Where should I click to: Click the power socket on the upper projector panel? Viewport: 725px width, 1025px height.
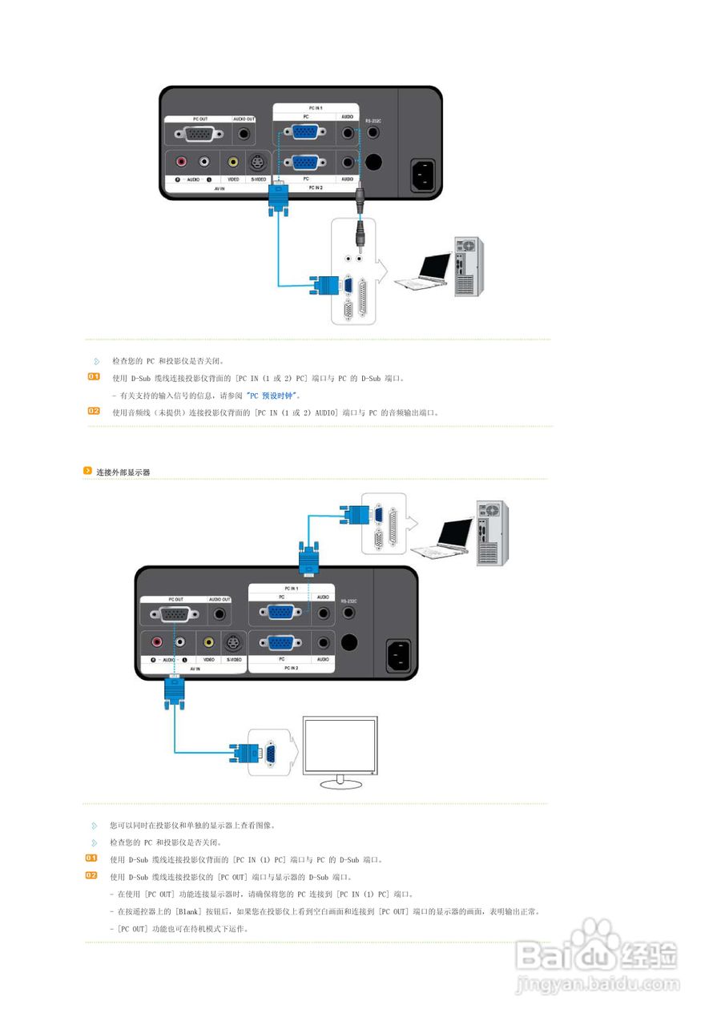[425, 176]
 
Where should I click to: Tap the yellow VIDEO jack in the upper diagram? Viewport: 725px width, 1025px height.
[233, 162]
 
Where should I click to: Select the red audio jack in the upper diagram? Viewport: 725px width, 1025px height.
[182, 162]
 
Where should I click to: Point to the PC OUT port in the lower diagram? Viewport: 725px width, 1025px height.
[175, 615]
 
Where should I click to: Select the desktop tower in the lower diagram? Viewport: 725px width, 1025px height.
[489, 533]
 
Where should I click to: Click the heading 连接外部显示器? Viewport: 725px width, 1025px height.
[123, 472]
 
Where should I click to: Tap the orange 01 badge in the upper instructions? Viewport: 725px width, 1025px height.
[94, 377]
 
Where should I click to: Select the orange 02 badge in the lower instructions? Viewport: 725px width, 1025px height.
[92, 876]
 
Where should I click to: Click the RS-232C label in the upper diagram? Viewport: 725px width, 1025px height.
[373, 120]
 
